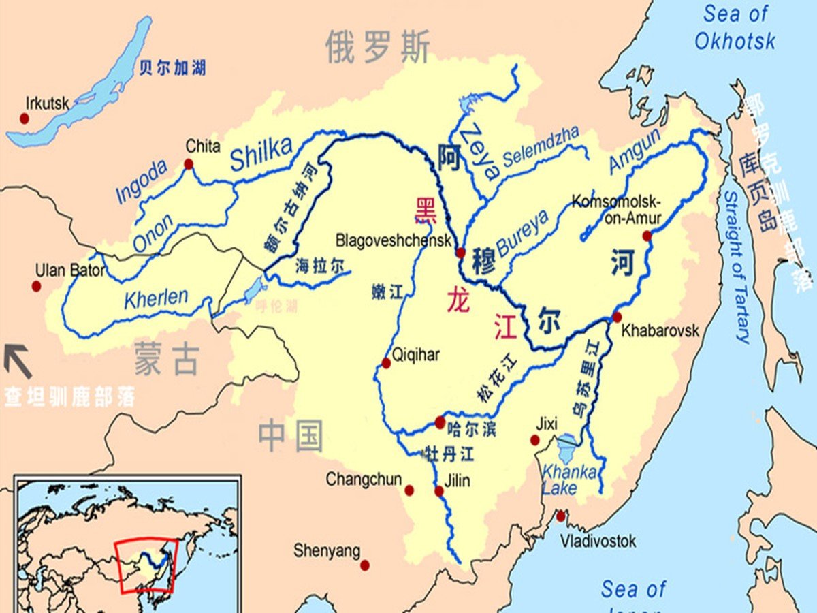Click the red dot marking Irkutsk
[x=25, y=119]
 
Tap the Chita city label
[x=203, y=146]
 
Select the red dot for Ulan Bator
[x=36, y=286]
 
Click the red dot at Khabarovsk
[x=617, y=317]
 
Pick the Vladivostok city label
[x=598, y=541]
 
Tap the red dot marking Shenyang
[x=365, y=565]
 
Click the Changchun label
[x=364, y=480]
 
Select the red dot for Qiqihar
[x=386, y=363]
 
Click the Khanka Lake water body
[x=566, y=450]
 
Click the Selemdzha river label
[x=541, y=146]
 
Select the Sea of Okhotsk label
[x=735, y=27]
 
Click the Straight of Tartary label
[x=737, y=266]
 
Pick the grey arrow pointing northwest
[x=18, y=361]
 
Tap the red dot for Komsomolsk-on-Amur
[x=647, y=236]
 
